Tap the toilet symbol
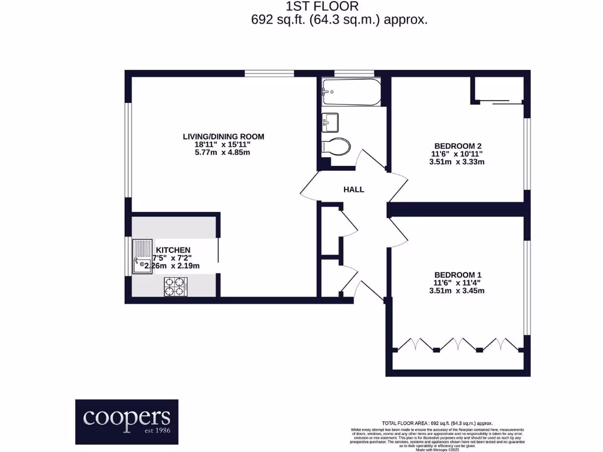tap(337, 145)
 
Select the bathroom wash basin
tap(330, 122)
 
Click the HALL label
tap(354, 190)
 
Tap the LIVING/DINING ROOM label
tap(223, 137)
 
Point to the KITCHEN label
tap(174, 250)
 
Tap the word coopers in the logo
tap(127, 417)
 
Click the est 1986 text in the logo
tap(154, 431)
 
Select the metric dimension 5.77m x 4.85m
tap(223, 153)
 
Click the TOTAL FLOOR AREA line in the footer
tap(437, 423)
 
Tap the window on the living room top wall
tap(269, 74)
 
